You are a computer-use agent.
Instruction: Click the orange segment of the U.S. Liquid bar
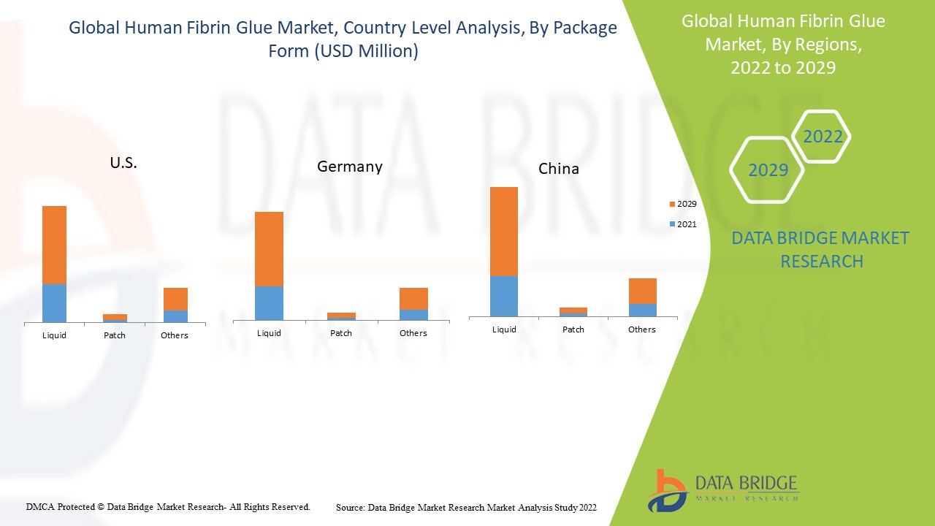(54, 245)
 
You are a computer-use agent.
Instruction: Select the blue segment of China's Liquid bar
(504, 296)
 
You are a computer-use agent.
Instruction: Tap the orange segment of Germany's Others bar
(413, 299)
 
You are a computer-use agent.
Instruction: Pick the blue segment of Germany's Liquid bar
(269, 302)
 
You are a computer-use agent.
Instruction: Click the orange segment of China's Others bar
(642, 291)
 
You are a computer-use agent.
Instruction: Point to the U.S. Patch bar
(115, 318)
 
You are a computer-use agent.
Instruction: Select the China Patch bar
(573, 312)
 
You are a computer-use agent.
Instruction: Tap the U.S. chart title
(123, 164)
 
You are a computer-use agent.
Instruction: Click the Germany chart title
(349, 167)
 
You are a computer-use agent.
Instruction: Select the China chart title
(559, 169)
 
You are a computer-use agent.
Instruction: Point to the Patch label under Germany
(341, 333)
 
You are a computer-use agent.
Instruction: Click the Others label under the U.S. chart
(175, 335)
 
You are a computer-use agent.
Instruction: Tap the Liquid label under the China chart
(504, 329)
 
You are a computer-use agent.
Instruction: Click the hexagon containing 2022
(822, 137)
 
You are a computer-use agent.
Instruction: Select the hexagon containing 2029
(768, 170)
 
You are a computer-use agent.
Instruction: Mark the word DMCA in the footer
(40, 506)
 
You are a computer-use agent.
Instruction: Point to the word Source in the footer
(350, 507)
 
